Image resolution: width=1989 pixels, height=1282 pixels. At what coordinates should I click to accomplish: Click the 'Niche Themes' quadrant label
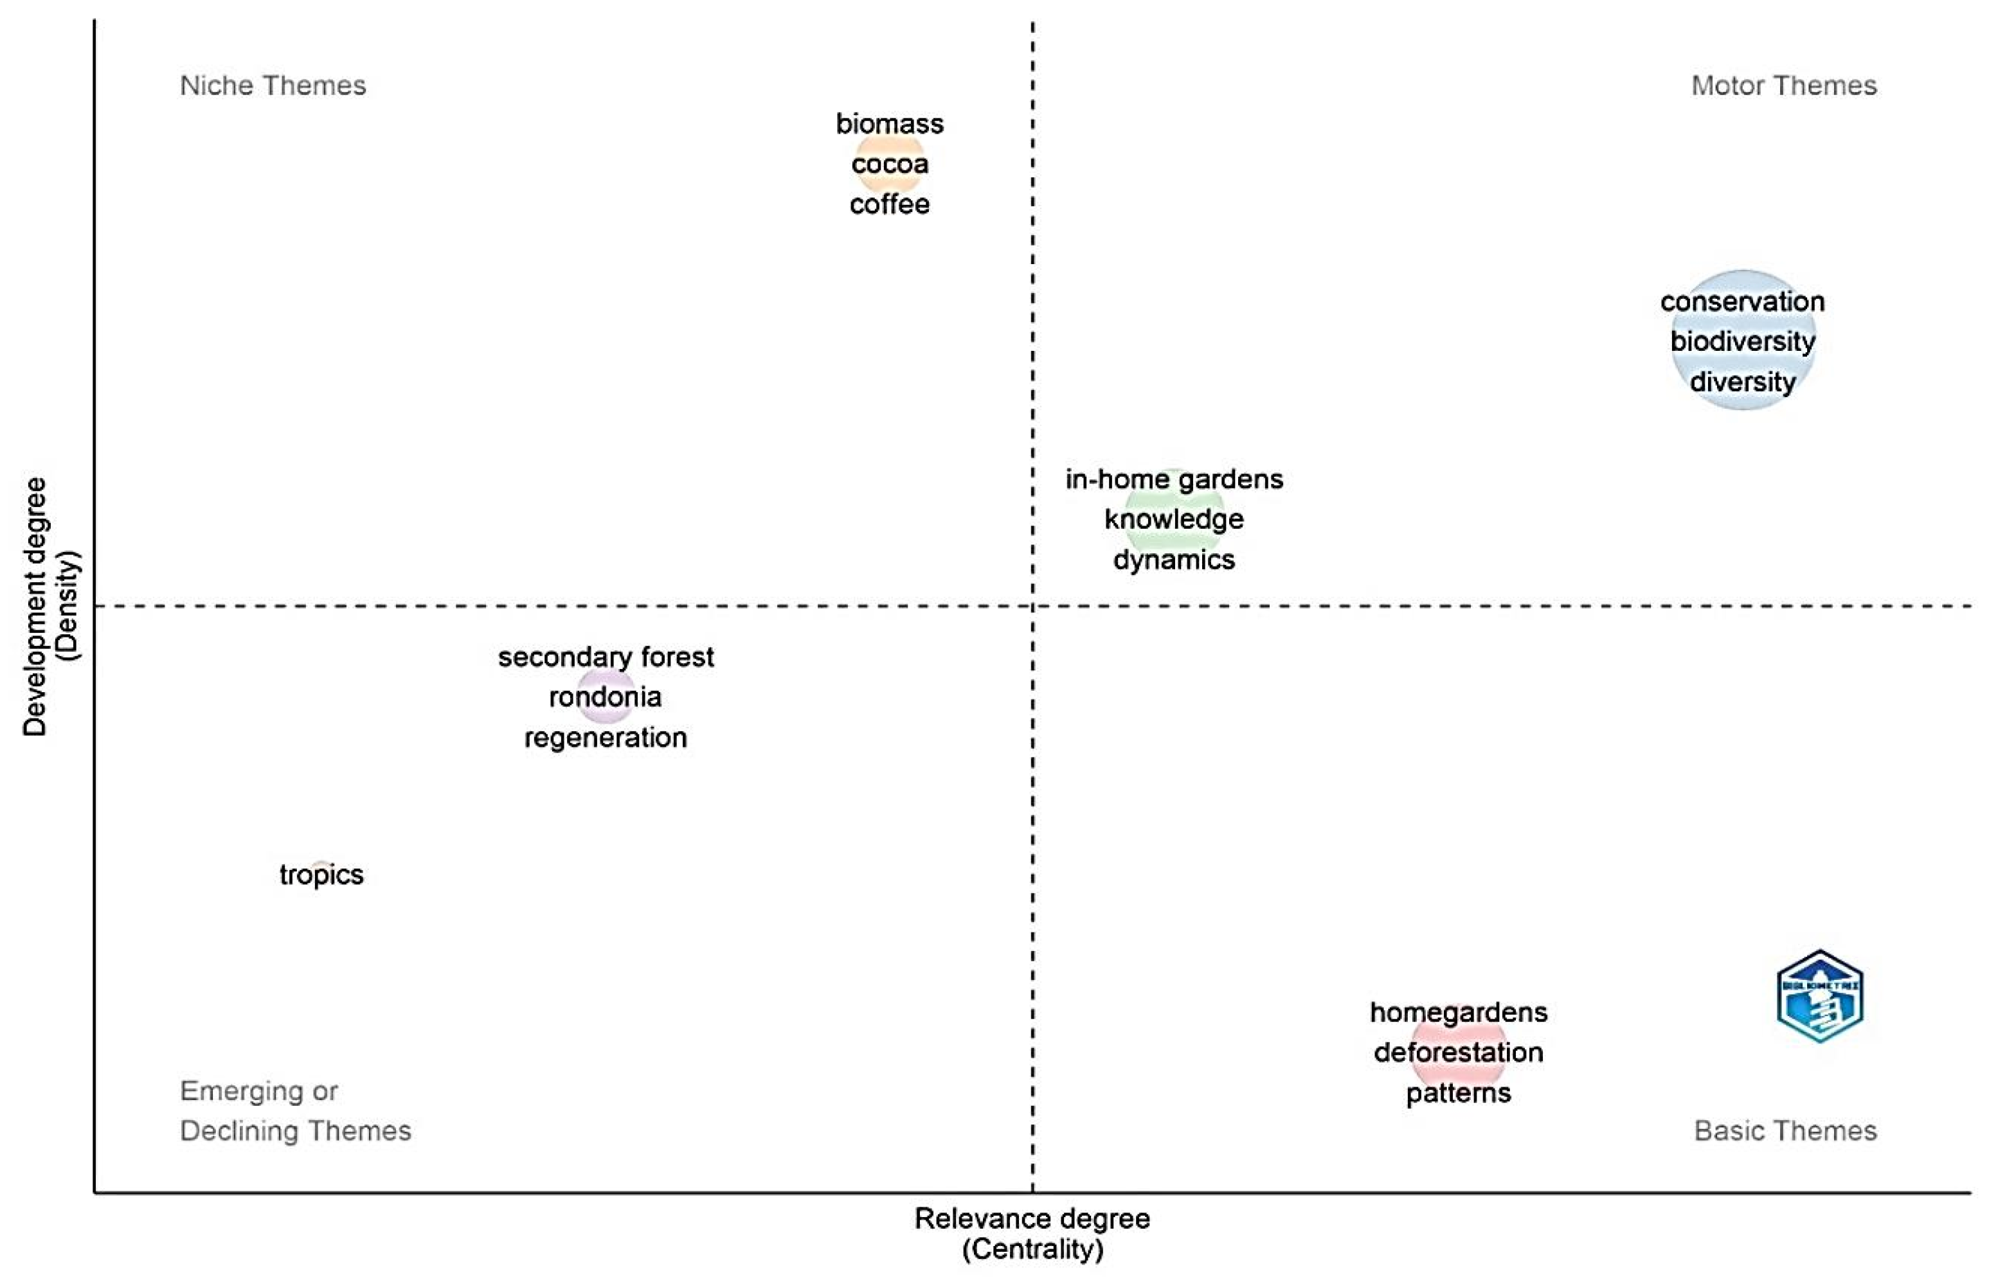(x=272, y=85)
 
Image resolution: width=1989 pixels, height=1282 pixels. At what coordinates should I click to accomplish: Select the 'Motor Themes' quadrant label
(x=1783, y=85)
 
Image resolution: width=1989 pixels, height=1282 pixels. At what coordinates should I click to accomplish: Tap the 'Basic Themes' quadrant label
(x=1785, y=1130)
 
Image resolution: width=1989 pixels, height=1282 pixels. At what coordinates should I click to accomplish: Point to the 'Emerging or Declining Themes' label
(x=294, y=1110)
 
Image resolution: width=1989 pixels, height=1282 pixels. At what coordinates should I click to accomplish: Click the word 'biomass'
(x=889, y=124)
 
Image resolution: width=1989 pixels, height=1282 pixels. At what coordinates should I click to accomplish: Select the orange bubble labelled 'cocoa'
(x=889, y=164)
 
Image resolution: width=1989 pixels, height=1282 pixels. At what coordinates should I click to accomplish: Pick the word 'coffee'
(x=889, y=204)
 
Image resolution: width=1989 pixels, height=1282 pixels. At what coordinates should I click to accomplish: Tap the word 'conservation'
(x=1742, y=301)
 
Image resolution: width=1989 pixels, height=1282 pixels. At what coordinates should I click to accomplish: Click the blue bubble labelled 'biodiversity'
(x=1742, y=341)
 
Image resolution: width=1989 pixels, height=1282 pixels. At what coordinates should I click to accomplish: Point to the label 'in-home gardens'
(x=1174, y=479)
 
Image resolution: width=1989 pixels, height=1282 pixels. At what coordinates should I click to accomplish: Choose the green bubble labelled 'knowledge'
(x=1174, y=519)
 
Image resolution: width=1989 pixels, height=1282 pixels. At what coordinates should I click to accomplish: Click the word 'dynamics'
(x=1174, y=560)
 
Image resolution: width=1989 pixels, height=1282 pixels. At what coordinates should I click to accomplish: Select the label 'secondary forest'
(x=606, y=657)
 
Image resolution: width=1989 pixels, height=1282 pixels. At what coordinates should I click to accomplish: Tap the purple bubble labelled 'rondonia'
(x=606, y=697)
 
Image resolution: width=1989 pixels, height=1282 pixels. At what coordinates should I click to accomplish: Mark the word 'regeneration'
(x=606, y=738)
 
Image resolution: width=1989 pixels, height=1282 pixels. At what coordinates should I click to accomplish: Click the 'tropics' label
(x=321, y=875)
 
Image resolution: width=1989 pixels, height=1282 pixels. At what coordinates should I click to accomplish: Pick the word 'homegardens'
(x=1458, y=1012)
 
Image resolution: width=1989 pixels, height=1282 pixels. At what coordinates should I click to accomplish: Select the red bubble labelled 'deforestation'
(x=1458, y=1052)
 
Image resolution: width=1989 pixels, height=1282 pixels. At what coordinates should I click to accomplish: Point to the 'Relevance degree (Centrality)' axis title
(x=1032, y=1234)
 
